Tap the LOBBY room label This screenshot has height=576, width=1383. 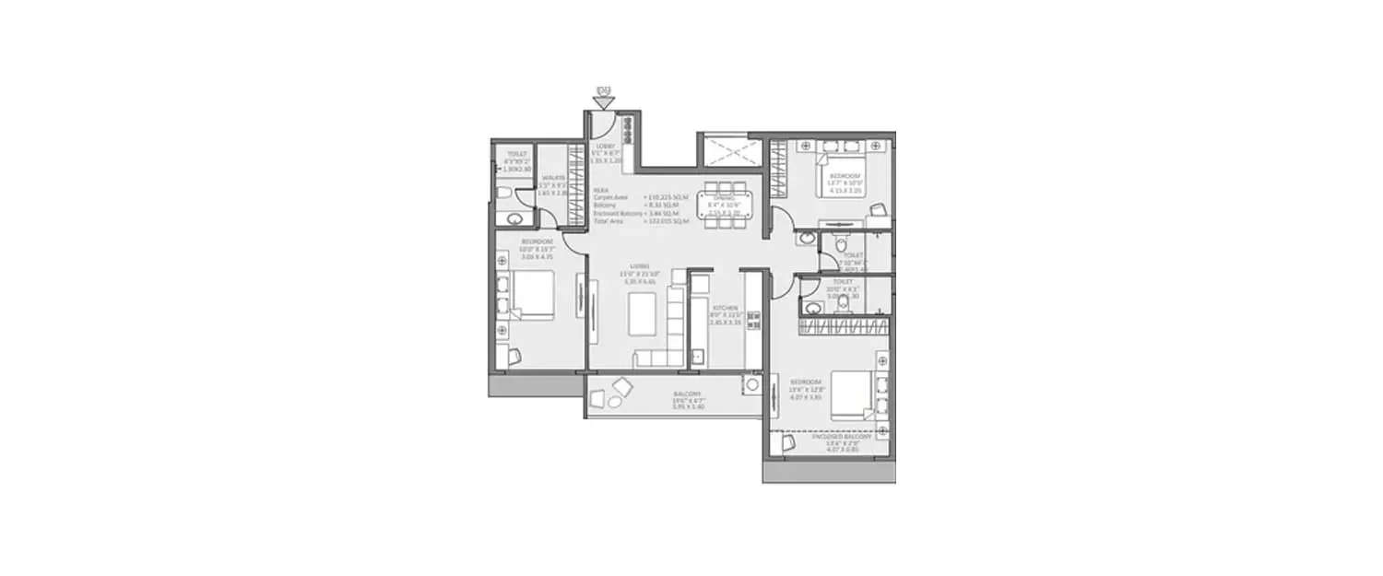click(x=606, y=146)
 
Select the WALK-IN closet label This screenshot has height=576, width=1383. click(x=553, y=178)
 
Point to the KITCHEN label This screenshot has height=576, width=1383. click(x=724, y=308)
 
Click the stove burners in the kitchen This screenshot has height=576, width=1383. click(x=753, y=321)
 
